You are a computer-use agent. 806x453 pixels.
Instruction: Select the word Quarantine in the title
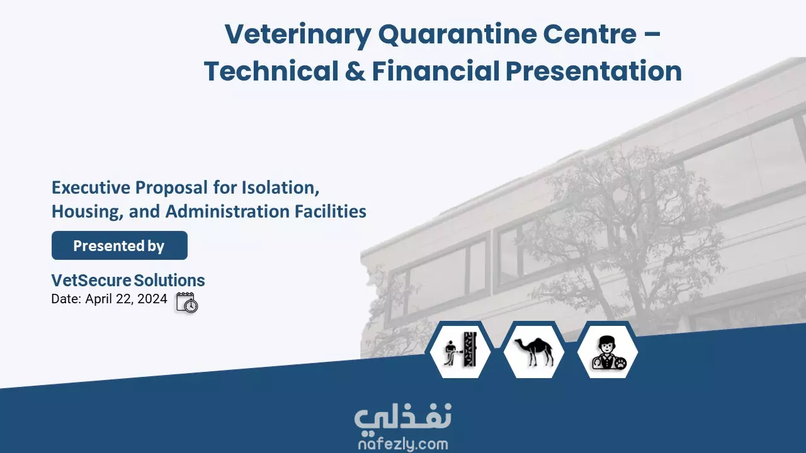(x=457, y=35)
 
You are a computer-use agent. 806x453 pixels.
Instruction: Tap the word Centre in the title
(x=590, y=35)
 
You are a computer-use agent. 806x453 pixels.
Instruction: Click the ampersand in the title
(x=355, y=71)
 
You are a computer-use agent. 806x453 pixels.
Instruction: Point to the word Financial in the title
(x=436, y=71)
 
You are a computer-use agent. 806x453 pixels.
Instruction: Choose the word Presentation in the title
(x=594, y=71)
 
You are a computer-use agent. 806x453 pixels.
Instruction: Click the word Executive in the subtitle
(x=91, y=187)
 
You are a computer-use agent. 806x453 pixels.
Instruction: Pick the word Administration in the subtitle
(x=227, y=211)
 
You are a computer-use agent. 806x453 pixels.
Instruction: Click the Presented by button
(x=120, y=245)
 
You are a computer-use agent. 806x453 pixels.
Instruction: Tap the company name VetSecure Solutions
(x=128, y=281)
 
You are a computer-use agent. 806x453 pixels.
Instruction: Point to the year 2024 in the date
(x=152, y=299)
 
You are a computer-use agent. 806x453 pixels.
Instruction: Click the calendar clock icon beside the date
(x=187, y=303)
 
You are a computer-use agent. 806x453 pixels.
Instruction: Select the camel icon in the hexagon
(x=534, y=350)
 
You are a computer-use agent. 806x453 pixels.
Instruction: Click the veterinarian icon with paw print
(x=608, y=353)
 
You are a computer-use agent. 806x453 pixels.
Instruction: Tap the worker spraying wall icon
(x=460, y=349)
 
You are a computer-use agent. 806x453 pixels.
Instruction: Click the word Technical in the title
(x=271, y=71)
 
